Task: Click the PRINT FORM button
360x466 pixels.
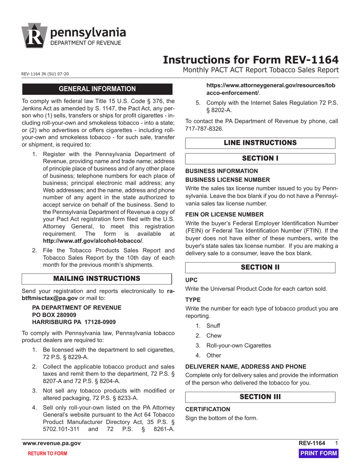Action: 318,453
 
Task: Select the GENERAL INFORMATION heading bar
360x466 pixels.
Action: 97,89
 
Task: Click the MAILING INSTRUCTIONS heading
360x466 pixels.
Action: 97,278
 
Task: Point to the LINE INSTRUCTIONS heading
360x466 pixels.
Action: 260,143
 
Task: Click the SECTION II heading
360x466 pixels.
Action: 260,267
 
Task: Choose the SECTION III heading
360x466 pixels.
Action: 260,397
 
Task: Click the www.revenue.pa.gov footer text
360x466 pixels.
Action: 52,443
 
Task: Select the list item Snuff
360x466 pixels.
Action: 213,326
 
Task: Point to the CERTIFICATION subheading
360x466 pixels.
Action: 207,409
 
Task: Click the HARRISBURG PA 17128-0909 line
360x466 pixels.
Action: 74,322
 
